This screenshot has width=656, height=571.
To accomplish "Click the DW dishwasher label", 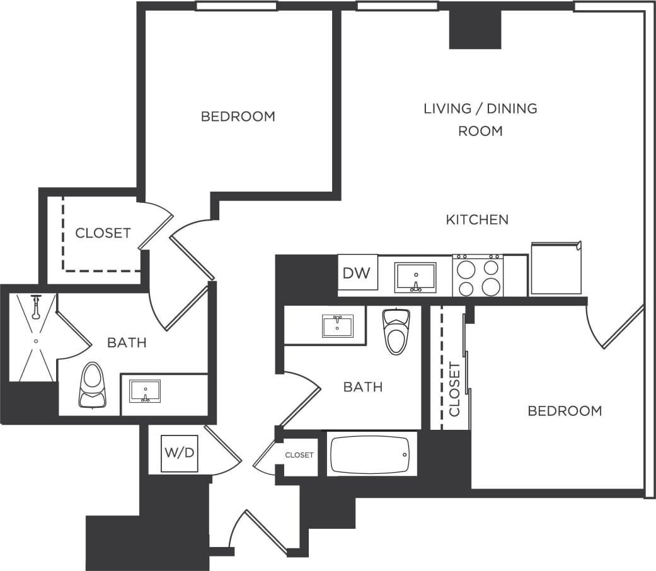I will click(x=357, y=273).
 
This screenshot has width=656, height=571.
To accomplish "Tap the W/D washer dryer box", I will click(x=180, y=453).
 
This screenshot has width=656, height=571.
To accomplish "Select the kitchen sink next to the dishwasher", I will click(x=415, y=277).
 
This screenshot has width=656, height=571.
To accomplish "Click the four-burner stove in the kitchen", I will click(x=478, y=276).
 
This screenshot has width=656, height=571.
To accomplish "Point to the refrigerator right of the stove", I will click(x=555, y=268).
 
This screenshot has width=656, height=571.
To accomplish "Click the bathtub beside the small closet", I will click(x=371, y=454).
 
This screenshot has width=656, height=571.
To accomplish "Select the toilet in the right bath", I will click(x=396, y=331).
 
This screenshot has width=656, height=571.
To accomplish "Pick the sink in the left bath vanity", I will click(x=145, y=391).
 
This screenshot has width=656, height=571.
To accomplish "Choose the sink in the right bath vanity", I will click(x=337, y=326).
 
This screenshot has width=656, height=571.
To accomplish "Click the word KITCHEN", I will click(x=477, y=220).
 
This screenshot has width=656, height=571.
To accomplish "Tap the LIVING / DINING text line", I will click(x=480, y=108).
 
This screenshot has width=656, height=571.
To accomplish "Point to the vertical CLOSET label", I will click(x=454, y=389).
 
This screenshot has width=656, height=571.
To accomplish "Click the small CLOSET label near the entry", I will click(x=299, y=455).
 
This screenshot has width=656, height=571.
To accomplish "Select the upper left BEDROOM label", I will click(x=238, y=117).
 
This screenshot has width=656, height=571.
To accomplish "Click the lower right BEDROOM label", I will click(x=565, y=411).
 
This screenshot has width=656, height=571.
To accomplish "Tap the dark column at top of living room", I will click(x=475, y=30).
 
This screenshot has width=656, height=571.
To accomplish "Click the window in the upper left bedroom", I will click(x=236, y=6).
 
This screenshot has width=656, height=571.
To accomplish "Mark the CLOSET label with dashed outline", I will click(x=103, y=233).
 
